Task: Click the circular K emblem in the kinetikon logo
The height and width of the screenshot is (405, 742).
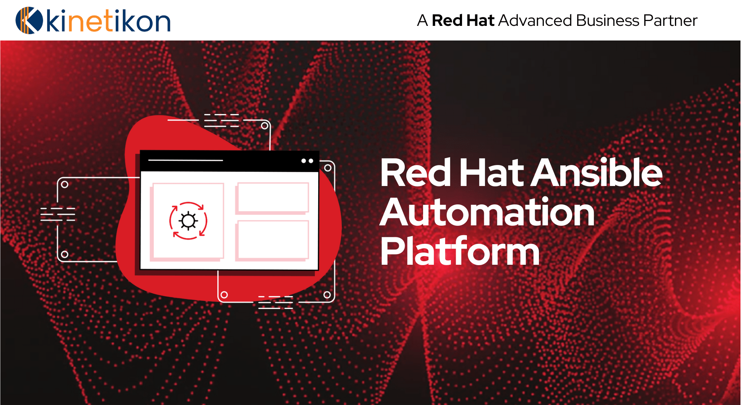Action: pyautogui.click(x=29, y=20)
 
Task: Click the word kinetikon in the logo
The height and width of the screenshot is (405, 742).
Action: pyautogui.click(x=108, y=21)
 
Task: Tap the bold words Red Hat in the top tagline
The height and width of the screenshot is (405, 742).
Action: pyautogui.click(x=463, y=20)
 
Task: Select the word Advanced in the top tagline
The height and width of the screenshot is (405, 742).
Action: pyautogui.click(x=535, y=20)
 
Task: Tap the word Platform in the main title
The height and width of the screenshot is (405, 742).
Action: pyautogui.click(x=460, y=252)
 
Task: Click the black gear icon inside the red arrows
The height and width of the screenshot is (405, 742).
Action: pyautogui.click(x=188, y=220)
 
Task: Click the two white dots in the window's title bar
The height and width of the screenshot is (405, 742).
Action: pyautogui.click(x=307, y=161)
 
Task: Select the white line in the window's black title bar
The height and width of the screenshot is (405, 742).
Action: pyautogui.click(x=185, y=160)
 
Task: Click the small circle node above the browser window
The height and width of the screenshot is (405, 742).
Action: pyautogui.click(x=265, y=126)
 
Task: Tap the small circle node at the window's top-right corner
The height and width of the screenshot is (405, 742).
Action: pyautogui.click(x=328, y=168)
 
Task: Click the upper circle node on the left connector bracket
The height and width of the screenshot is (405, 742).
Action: pyautogui.click(x=64, y=184)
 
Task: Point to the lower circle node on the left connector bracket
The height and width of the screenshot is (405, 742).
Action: pyautogui.click(x=64, y=254)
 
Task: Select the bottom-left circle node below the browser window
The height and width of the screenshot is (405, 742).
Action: pyautogui.click(x=224, y=295)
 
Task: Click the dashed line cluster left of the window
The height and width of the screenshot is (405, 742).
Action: pyautogui.click(x=58, y=214)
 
